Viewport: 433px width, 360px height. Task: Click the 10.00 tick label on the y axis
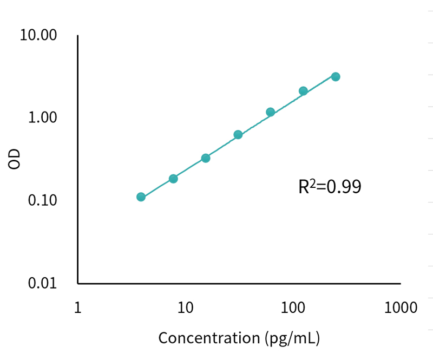(x=38, y=36)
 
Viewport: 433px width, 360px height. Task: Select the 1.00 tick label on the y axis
(x=42, y=118)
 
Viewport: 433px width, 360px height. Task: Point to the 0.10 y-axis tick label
(x=42, y=201)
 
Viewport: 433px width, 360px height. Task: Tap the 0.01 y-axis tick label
(x=42, y=284)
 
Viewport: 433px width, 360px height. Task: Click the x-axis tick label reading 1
(x=77, y=308)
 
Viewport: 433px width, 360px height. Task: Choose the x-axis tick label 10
(x=185, y=308)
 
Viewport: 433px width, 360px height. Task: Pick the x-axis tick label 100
(x=293, y=308)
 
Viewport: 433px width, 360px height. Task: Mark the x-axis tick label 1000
(x=400, y=308)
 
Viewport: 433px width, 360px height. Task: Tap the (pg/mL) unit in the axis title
(x=292, y=339)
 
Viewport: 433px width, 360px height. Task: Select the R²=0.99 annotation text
(x=330, y=187)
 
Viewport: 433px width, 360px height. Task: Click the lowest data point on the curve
(x=141, y=197)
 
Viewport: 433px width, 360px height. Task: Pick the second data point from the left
(x=173, y=179)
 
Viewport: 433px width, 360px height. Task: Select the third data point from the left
(x=206, y=158)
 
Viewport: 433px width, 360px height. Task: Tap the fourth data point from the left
(x=238, y=134)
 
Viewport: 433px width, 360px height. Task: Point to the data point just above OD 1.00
(x=271, y=112)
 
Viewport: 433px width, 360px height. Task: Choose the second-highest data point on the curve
(x=303, y=91)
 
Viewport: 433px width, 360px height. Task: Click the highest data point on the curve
(x=336, y=77)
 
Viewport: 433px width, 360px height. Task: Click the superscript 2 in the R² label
(x=313, y=182)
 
